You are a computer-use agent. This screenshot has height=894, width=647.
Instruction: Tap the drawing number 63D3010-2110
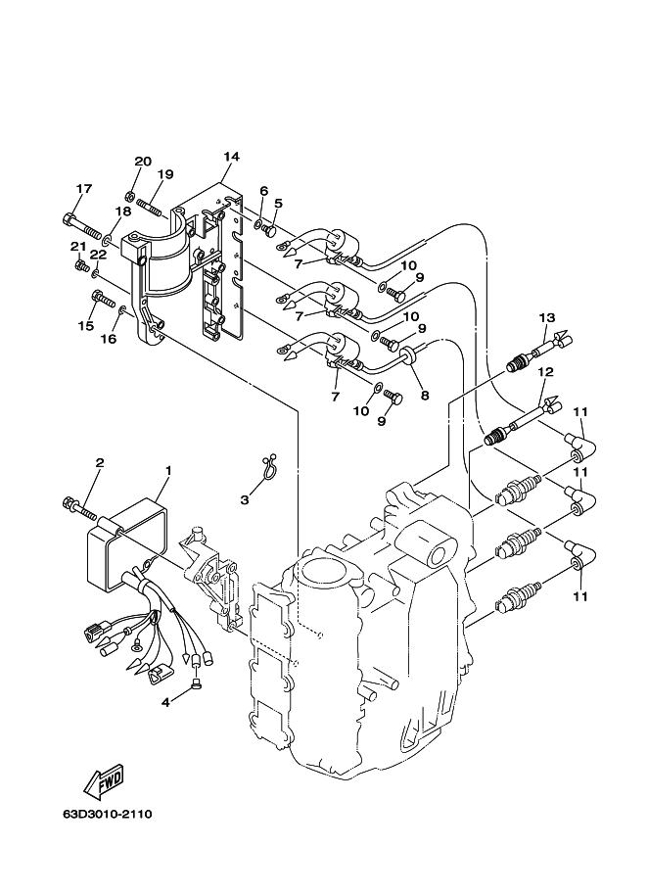pos(107,814)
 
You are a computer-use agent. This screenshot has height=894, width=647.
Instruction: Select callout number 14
pos(231,157)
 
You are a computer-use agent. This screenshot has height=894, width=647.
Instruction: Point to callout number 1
pos(167,471)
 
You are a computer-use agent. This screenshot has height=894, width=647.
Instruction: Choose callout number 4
pos(165,700)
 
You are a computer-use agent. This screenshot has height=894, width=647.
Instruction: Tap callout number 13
pos(546,317)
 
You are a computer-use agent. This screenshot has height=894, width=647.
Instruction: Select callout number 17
pos(83,189)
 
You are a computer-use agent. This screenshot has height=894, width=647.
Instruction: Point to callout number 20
pos(143,162)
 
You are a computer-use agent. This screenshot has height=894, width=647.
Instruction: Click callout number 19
pos(165,175)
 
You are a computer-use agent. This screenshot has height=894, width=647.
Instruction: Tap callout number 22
pos(98,255)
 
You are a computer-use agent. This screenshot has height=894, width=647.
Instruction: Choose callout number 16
pos(108,339)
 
